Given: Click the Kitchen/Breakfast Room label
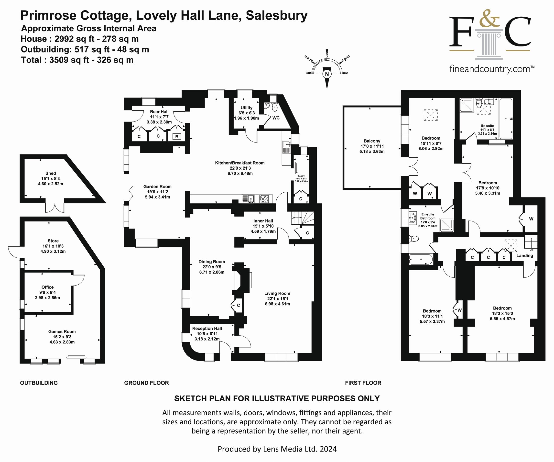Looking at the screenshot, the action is pos(239,163).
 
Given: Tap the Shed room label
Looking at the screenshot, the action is pos(50,173).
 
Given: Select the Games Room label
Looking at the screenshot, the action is pos(62,332).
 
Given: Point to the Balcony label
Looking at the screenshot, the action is pos(372,141).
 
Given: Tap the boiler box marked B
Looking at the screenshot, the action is pos(177,137).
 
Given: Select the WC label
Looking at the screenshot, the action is pos(276,118).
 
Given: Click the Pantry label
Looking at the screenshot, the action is pos(301,176).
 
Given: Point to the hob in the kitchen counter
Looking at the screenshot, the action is pos(264,199).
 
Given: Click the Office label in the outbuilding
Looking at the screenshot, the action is pos(47,287).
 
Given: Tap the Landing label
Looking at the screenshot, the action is pos(524,256).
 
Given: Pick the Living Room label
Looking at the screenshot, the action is pos(277,293).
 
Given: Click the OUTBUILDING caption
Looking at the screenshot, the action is pos(39,383).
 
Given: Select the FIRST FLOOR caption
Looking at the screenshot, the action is pos(363,383).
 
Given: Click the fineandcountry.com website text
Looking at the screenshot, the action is pos(491,69).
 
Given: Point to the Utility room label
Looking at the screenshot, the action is pos(246,108).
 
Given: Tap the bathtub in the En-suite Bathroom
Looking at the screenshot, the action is pos(421,259).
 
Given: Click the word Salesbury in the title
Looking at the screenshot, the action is pos(276,15).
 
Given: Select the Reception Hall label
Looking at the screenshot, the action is pos(207,329).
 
